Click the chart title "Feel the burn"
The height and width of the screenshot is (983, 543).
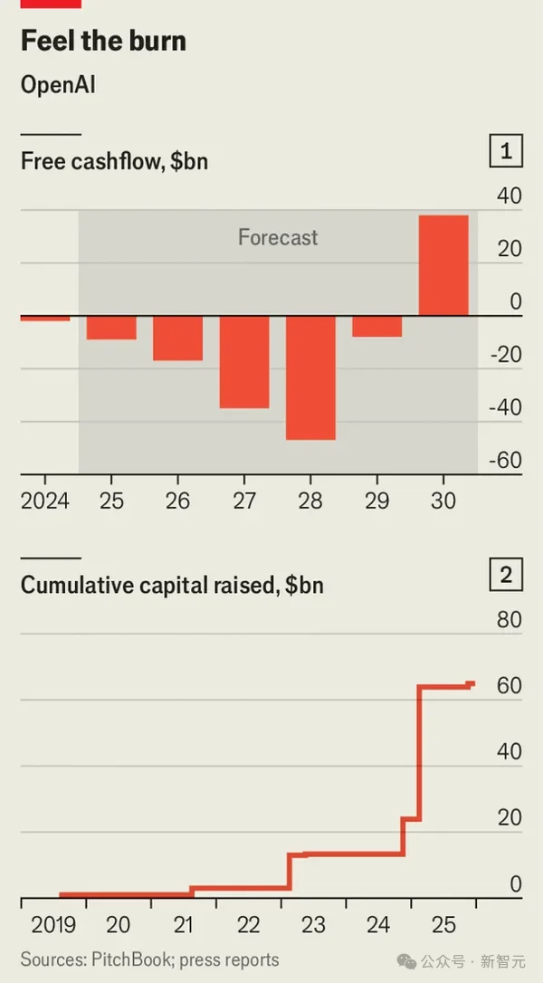point(103,42)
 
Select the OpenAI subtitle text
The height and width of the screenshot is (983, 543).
point(58,85)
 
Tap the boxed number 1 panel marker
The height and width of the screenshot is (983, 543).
point(506,152)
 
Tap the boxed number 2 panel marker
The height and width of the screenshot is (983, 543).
point(506,575)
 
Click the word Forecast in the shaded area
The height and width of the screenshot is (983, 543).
point(278,238)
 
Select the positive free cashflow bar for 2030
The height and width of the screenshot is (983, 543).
point(443,265)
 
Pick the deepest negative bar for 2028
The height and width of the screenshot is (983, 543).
point(310,377)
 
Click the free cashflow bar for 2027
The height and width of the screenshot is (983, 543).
point(244,362)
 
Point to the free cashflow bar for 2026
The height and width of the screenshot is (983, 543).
point(177,339)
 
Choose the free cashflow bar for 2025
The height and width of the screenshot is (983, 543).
point(111,328)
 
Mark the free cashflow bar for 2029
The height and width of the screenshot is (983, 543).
point(376,327)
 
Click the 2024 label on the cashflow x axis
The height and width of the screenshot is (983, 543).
point(44,501)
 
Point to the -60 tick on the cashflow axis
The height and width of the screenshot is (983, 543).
point(505,460)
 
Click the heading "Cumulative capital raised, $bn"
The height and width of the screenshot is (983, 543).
point(172,585)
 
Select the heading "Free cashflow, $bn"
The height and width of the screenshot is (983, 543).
point(115,161)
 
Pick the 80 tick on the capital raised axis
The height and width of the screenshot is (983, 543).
point(510,620)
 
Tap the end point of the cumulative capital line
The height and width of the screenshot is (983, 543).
point(472,683)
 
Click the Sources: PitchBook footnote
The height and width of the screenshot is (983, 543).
point(149,959)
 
